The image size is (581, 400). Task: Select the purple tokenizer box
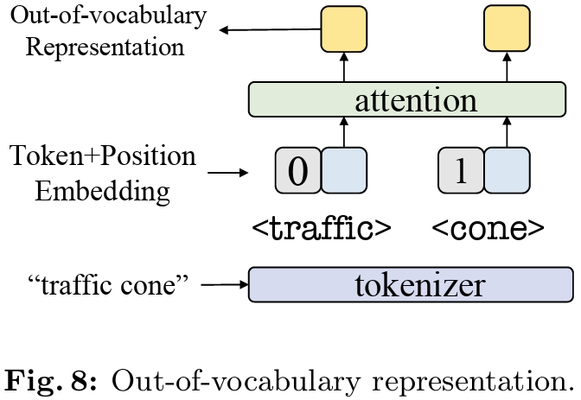click(x=410, y=284)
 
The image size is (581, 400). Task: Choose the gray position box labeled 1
click(x=461, y=170)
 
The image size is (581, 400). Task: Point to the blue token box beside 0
click(x=343, y=170)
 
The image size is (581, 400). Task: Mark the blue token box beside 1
click(x=506, y=170)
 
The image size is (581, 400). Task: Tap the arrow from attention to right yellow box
click(x=506, y=67)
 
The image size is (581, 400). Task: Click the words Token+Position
click(x=103, y=157)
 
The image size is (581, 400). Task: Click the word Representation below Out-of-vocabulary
click(x=105, y=46)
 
